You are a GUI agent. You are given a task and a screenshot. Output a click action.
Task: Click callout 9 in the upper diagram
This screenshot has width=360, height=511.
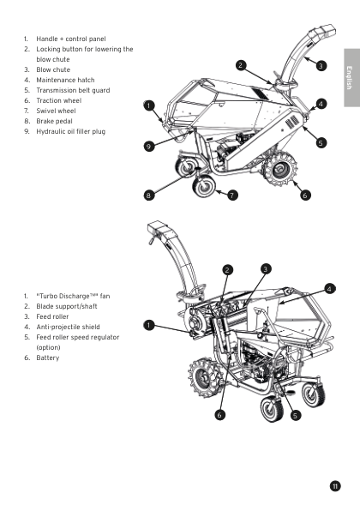coord(149,146)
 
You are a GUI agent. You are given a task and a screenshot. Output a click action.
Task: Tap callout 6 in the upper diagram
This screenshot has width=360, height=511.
coord(305,195)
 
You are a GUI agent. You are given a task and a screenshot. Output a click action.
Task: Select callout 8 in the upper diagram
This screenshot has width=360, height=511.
coord(149,195)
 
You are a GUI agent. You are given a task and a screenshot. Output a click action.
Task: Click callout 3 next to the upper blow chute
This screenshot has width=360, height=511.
coord(321,66)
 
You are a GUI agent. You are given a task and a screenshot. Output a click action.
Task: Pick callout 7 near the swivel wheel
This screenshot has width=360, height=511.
coord(232,195)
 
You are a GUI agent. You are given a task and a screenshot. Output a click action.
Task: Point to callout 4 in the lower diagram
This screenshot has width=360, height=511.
coord(330,289)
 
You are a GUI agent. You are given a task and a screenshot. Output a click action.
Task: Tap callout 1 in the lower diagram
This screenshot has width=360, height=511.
coord(149,325)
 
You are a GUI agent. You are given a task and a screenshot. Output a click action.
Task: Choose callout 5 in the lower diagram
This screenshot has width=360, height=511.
coord(295,416)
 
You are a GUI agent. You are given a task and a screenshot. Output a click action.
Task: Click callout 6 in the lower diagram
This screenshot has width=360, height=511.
coord(219,414)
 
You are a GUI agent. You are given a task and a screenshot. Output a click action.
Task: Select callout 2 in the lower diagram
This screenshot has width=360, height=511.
coord(227,270)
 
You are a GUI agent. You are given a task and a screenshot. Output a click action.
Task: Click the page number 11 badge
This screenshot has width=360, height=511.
coord(335,486)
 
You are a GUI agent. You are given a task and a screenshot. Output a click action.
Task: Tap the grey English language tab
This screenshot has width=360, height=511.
coord(351,77)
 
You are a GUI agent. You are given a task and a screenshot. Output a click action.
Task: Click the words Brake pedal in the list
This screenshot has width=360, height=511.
coord(54,121)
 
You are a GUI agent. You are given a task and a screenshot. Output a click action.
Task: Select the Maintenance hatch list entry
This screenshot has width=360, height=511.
coord(65,81)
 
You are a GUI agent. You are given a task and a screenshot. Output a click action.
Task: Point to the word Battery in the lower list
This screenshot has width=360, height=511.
coord(48,358)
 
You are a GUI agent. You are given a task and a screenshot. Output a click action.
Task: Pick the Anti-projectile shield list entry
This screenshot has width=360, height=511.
coord(68,327)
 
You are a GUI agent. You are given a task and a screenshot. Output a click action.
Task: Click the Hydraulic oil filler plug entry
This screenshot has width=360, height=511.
coord(70,132)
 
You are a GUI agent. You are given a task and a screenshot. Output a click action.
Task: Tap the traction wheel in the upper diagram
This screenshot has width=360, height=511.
coord(279,170)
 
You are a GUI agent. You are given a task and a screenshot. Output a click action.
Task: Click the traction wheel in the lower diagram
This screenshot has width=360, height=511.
coord(202,378)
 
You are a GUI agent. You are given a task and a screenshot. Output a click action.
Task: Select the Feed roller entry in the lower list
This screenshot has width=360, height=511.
coord(52,316)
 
